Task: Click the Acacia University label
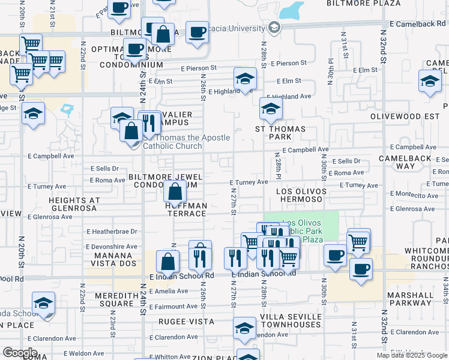coord(240,28)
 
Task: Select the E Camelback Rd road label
coord(416,24)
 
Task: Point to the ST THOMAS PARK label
coord(280,133)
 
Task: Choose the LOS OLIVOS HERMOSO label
coord(301,196)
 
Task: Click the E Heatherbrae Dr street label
coord(112,231)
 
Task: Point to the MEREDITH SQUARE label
coord(108,299)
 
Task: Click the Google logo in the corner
coord(20,353)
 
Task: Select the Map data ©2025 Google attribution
coord(412,355)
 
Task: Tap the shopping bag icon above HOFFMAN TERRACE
coord(175,193)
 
